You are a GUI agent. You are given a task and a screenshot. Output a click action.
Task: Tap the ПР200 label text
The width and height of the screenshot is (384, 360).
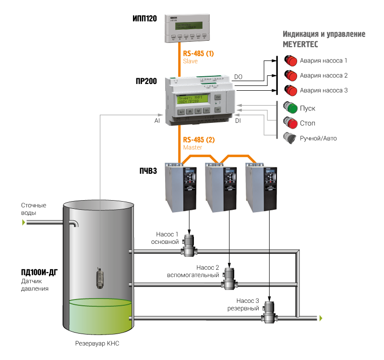pyautogui.click(x=146, y=81)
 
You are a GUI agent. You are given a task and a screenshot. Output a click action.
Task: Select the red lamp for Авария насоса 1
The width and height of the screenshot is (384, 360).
pyautogui.click(x=290, y=61)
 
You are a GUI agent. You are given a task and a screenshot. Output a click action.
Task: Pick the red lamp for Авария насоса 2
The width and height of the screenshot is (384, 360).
pyautogui.click(x=290, y=75)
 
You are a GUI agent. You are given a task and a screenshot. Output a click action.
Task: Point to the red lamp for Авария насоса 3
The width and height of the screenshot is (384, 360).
pyautogui.click(x=290, y=90)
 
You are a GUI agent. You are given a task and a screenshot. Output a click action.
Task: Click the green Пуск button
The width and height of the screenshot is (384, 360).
pyautogui.click(x=290, y=107)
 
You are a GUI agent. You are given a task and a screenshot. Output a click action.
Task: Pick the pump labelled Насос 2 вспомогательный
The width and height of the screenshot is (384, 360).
pyautogui.click(x=229, y=278)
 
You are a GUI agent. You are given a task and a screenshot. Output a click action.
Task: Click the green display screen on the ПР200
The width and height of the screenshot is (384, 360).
pyautogui.click(x=192, y=99)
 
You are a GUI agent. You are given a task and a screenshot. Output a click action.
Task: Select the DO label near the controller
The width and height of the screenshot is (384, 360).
pyautogui.click(x=238, y=77)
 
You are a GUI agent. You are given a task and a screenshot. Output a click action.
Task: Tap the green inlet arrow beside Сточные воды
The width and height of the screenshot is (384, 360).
pyautogui.click(x=23, y=223)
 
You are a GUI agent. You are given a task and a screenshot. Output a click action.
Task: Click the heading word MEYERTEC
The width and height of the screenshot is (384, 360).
pyautogui.click(x=300, y=44)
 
